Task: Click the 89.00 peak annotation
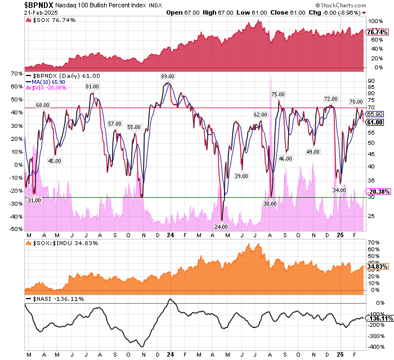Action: pos(168,77)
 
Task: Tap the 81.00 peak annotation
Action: pos(92,87)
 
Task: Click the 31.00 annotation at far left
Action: pos(34,201)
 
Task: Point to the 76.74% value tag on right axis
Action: pos(375,33)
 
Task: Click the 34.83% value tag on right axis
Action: pos(375,266)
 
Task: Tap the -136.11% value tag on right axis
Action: pos(376,318)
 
